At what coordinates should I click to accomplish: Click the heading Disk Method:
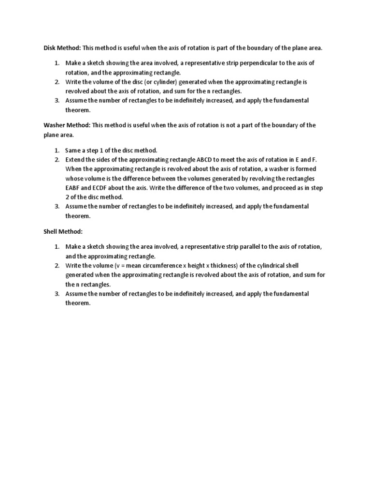click(x=62, y=48)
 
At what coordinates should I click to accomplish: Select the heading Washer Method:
click(x=66, y=125)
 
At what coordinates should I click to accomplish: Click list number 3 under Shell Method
click(x=56, y=294)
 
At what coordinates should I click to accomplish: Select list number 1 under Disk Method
click(x=56, y=63)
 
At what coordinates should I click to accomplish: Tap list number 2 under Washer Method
click(x=56, y=160)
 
